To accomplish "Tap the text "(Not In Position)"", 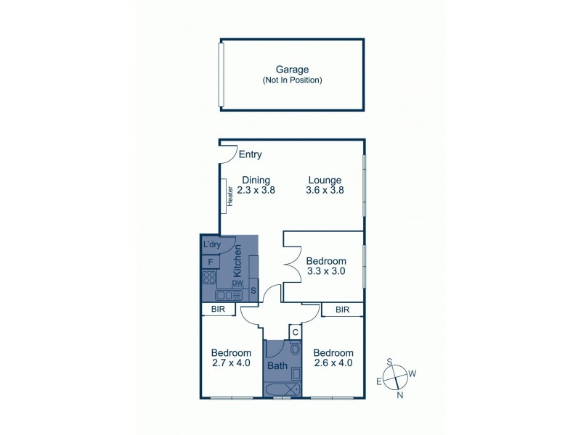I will (292, 80).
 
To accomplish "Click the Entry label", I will (250, 154).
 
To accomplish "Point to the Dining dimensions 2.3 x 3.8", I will (256, 191).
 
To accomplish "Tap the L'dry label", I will (211, 244).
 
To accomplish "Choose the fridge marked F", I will (210, 261).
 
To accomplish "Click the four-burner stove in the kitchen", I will (209, 278).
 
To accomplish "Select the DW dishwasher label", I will (237, 283).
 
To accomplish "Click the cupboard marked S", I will (253, 291).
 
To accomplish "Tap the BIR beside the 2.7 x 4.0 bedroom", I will (219, 310).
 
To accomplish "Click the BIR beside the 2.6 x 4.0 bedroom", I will (344, 310).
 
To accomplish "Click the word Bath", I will (277, 366).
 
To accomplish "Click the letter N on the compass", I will (399, 396).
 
